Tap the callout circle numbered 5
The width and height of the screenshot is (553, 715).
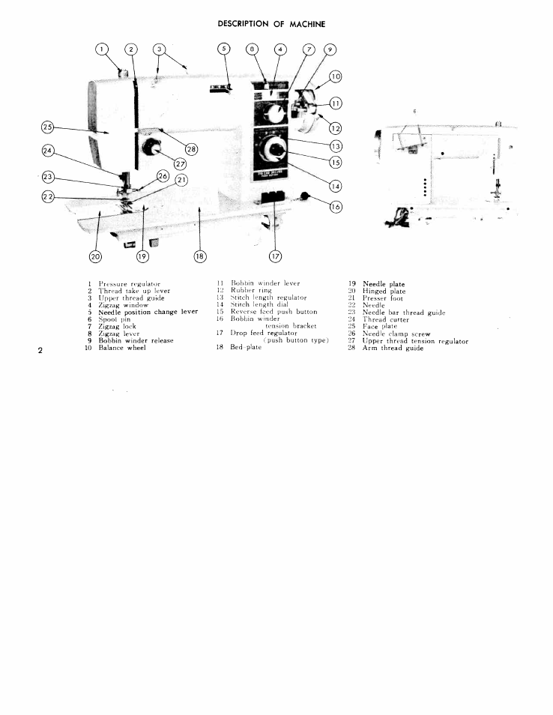tap(223, 49)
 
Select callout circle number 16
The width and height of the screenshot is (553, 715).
tap(335, 207)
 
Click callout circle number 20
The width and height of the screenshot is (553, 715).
tap(95, 256)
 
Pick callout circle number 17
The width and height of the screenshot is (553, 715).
tap(275, 256)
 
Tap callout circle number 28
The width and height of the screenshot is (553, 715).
tap(191, 149)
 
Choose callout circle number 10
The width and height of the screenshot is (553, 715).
tap(335, 76)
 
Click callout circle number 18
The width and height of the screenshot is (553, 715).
tap(199, 256)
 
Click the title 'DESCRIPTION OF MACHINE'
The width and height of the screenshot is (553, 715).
tap(272, 24)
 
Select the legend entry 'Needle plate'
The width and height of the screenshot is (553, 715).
tap(384, 284)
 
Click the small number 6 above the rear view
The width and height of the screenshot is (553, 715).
tap(414, 112)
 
